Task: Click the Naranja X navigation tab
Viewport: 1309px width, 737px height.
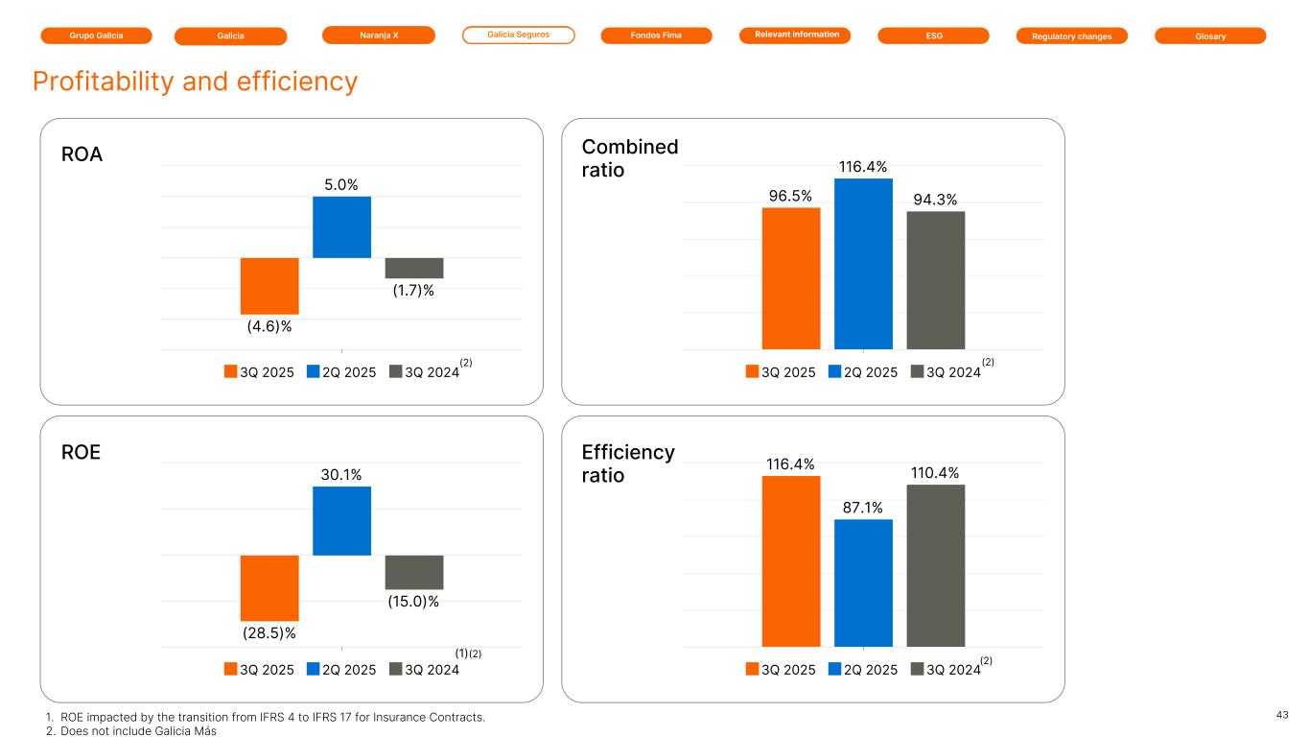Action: pyautogui.click(x=378, y=36)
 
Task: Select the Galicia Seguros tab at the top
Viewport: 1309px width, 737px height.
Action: pyautogui.click(x=518, y=36)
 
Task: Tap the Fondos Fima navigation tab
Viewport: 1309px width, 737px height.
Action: pyautogui.click(x=656, y=36)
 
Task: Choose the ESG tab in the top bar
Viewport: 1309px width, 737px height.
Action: pyautogui.click(x=933, y=36)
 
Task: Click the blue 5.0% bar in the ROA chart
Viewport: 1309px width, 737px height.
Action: pyautogui.click(x=341, y=227)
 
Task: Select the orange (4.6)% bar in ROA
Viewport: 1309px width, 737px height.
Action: pyautogui.click(x=269, y=285)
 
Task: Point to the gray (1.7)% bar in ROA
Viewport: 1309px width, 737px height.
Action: pyautogui.click(x=414, y=268)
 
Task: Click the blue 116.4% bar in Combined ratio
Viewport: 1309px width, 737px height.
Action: pyautogui.click(x=863, y=264)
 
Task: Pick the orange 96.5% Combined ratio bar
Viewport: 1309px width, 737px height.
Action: pyautogui.click(x=791, y=278)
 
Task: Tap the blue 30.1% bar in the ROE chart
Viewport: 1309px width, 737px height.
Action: pyautogui.click(x=341, y=521)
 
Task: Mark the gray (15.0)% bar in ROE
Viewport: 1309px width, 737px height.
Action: pyautogui.click(x=414, y=572)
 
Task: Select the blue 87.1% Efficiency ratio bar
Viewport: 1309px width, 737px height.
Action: pyautogui.click(x=863, y=582)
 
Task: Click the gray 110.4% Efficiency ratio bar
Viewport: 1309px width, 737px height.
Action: pyautogui.click(x=935, y=565)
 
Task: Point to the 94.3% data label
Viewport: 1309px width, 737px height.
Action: pyautogui.click(x=935, y=199)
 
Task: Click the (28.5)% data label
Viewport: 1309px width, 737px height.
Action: pyautogui.click(x=269, y=632)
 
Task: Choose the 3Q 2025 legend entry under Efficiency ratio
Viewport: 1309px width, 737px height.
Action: pyautogui.click(x=782, y=670)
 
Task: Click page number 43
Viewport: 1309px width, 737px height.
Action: pyautogui.click(x=1282, y=715)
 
